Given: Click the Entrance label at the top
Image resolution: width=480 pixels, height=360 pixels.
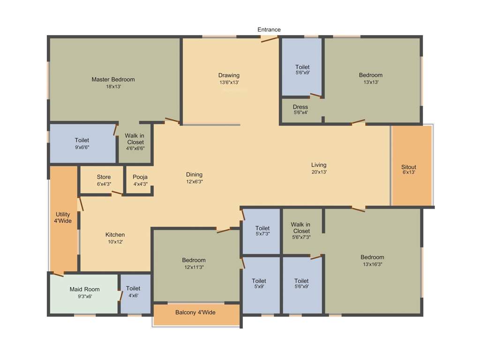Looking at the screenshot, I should point(269,30).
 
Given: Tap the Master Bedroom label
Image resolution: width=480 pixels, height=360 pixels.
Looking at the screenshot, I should point(113,79).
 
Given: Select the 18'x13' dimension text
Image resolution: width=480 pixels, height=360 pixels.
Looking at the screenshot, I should point(113,87).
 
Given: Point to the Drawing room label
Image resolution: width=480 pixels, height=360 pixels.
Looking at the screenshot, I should point(229,75).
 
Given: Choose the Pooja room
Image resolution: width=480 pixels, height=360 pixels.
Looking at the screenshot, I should point(140,180).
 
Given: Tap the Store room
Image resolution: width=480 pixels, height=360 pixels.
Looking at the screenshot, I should point(104,180).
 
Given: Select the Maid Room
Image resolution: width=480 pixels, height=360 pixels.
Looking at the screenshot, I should point(84,292).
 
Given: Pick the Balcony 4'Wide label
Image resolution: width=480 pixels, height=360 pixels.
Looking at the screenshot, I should point(195,312).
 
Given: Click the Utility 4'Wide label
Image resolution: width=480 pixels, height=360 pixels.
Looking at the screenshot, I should point(63,217).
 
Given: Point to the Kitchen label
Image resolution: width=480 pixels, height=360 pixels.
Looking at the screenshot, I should point(115,235).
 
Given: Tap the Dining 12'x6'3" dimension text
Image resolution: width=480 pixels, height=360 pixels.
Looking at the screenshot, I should point(194,181).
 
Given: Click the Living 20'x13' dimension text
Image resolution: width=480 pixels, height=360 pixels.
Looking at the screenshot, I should point(319,172).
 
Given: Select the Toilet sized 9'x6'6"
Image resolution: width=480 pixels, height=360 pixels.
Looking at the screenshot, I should point(82,143).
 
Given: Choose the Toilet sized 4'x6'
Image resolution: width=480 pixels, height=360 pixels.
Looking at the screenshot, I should point(133,292).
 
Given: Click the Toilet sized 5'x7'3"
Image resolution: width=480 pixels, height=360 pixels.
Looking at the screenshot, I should point(262,231).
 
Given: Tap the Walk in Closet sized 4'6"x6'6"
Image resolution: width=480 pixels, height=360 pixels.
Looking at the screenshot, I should point(135,142).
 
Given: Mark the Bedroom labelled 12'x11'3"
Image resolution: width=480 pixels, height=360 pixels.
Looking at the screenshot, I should point(194,263).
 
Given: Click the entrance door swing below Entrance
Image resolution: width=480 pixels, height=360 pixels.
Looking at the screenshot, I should point(270,39).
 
